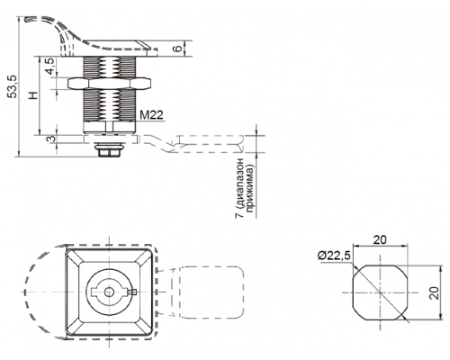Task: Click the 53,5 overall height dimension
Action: [13, 86]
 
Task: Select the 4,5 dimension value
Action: [49, 66]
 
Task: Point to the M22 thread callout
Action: [151, 114]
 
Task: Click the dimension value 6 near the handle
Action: [178, 48]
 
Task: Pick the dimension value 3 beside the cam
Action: [51, 139]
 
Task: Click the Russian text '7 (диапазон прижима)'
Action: [245, 188]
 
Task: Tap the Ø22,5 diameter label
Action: [334, 256]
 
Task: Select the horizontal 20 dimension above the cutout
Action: [380, 239]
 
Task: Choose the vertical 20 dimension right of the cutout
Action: [434, 292]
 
